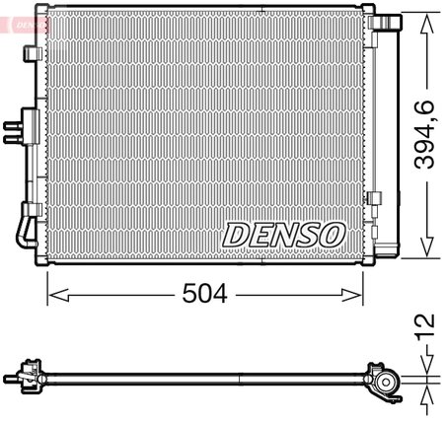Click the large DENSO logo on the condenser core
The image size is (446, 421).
coord(282,235)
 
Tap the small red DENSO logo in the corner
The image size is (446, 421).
coord(19,16)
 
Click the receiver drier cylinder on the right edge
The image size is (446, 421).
coord(388,138)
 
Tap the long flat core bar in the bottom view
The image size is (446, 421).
coord(207,375)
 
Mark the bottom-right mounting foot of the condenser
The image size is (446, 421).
coord(370,262)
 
